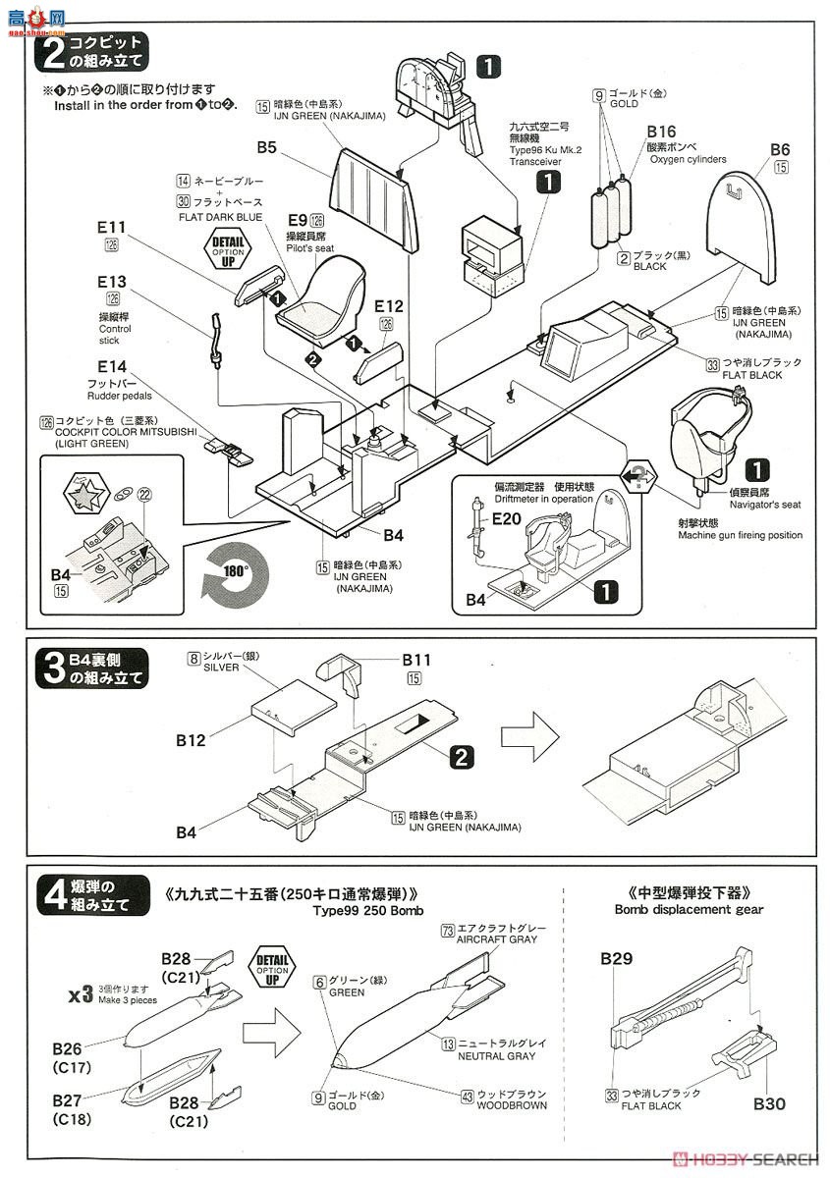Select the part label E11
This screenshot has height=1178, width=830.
coord(111,225)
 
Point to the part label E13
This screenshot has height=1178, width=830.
coord(112,282)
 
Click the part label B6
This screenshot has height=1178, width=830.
coord(780,149)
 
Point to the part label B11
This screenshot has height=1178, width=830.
coord(416,660)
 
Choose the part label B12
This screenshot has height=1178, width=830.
coord(192,740)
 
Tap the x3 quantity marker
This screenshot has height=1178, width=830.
coord(80,996)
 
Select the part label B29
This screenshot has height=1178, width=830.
coord(617,958)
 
